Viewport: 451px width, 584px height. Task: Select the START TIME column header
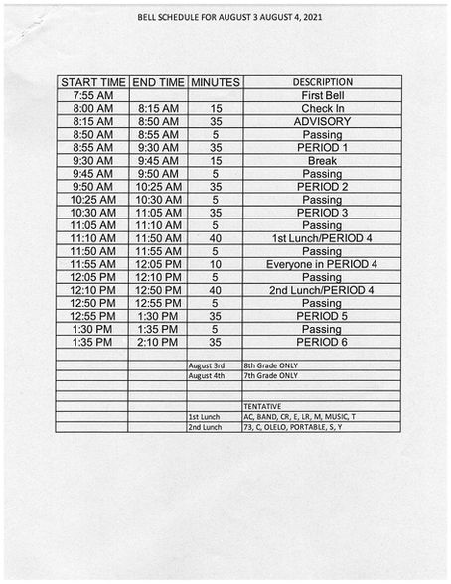click(x=92, y=82)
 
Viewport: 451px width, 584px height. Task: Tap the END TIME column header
click(x=158, y=82)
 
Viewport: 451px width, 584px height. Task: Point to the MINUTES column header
click(x=215, y=82)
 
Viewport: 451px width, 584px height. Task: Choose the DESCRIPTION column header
click(x=322, y=82)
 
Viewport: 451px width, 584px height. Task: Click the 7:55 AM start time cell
click(x=92, y=95)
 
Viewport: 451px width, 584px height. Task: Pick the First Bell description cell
click(x=322, y=95)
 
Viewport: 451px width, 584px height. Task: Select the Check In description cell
click(x=322, y=108)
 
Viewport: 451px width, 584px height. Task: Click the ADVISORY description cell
click(x=322, y=121)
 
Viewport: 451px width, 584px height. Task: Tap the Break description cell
click(x=322, y=160)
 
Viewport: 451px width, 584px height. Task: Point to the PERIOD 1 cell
click(x=322, y=147)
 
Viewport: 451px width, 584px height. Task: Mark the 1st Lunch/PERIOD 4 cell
click(x=322, y=238)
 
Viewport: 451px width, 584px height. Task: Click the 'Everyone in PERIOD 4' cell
click(x=322, y=264)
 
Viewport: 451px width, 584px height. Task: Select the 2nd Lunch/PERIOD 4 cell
click(x=322, y=290)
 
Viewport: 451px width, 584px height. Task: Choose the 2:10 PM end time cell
click(x=158, y=342)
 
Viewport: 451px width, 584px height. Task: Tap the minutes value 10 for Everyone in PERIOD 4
click(x=215, y=264)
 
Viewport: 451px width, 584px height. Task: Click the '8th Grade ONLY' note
click(x=270, y=365)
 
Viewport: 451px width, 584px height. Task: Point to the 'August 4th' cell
click(x=207, y=376)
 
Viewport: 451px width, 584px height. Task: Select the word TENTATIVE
click(x=262, y=406)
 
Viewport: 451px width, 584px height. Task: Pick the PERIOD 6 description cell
click(x=322, y=342)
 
